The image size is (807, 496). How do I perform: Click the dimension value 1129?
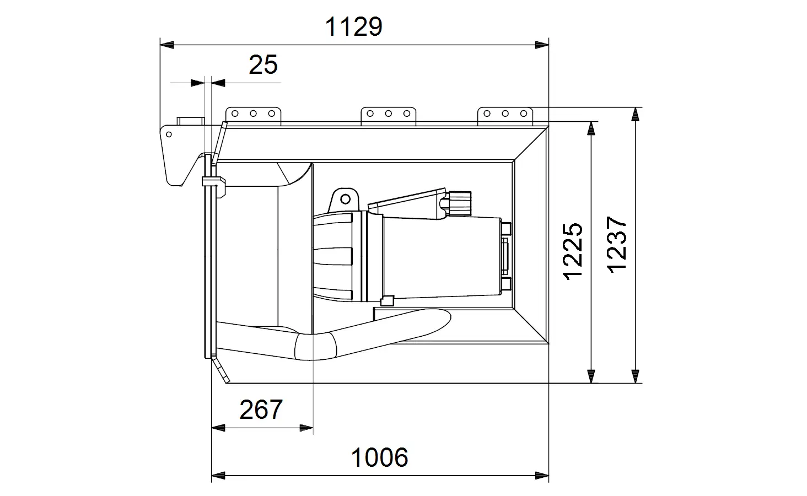(x=353, y=26)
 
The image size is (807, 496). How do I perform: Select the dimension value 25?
(x=263, y=65)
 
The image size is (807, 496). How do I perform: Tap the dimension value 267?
(x=261, y=409)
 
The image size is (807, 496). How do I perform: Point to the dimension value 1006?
(x=379, y=457)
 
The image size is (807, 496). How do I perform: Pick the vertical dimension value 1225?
(x=573, y=251)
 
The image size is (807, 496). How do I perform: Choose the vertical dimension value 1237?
(x=617, y=245)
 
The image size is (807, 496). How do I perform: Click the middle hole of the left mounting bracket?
(x=253, y=114)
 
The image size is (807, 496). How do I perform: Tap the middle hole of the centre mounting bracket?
(x=389, y=114)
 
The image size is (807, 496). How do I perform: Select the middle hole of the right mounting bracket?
(x=505, y=114)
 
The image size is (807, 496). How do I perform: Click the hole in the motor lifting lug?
(x=345, y=199)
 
